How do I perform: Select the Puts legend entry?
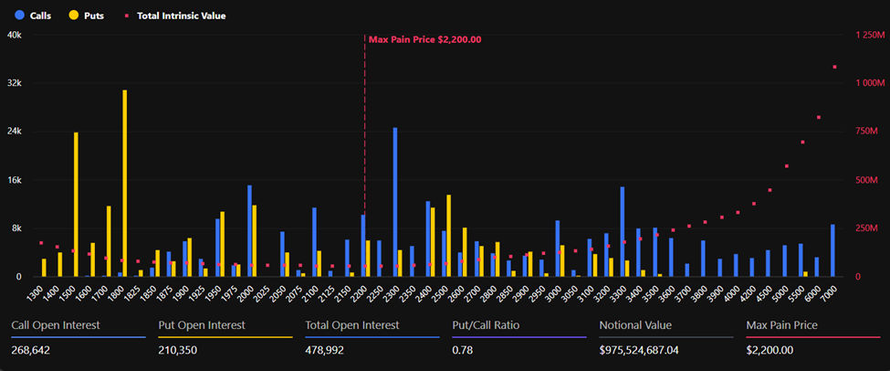86,16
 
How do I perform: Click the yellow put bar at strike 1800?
124,183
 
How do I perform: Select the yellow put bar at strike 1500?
76,204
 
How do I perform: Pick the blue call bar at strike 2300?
394,201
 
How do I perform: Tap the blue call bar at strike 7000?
832,249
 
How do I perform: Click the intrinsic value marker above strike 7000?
834,67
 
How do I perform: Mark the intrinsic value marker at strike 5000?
786,166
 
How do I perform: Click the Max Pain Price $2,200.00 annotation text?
424,39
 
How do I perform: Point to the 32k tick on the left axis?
15,82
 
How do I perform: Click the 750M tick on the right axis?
868,131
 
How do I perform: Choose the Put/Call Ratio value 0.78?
462,349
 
